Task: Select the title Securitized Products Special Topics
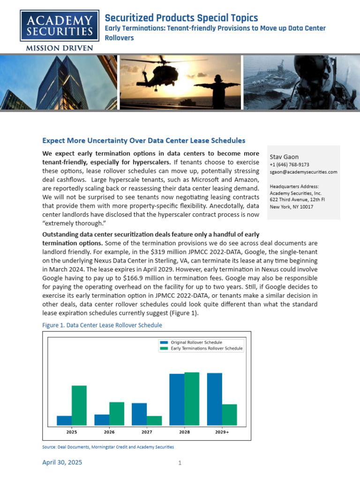click(181, 18)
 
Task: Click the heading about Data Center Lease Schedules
click(143, 141)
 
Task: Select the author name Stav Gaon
click(284, 157)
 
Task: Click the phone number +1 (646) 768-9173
click(289, 165)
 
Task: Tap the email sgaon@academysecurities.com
click(303, 172)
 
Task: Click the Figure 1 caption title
click(102, 325)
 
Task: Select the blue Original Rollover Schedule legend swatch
click(164, 343)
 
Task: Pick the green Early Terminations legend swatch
click(164, 349)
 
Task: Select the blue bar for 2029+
click(214, 400)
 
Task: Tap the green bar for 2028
click(192, 399)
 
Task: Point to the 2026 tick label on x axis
click(109, 432)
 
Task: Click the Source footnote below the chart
click(108, 447)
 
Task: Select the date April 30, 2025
click(62, 463)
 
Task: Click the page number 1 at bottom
click(180, 464)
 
